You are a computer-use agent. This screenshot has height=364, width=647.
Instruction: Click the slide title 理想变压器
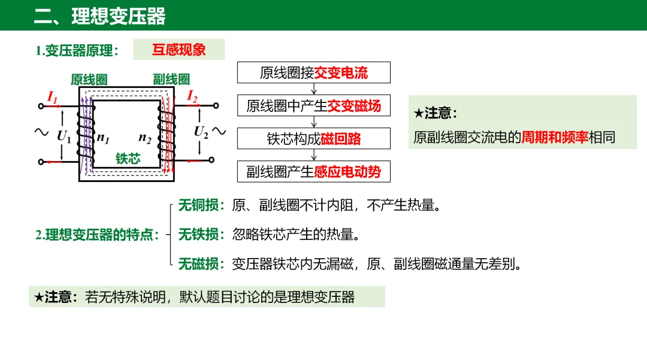click(118, 16)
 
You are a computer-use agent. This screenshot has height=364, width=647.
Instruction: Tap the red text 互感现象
click(179, 50)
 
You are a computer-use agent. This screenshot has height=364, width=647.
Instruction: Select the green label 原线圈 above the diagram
click(89, 79)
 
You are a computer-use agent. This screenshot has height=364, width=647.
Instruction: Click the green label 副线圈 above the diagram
click(171, 79)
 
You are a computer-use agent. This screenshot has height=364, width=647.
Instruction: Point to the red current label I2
click(192, 95)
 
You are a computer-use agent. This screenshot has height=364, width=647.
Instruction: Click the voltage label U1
click(64, 136)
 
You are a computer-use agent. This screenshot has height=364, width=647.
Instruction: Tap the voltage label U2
click(201, 132)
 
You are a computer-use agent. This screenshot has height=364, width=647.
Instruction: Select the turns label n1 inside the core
click(104, 137)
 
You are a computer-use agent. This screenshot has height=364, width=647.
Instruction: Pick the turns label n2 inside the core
click(145, 137)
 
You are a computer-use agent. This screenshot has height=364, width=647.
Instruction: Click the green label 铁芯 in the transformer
click(128, 159)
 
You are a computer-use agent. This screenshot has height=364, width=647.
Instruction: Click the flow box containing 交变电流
click(314, 73)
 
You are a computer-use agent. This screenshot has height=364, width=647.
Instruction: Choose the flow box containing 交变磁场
click(314, 106)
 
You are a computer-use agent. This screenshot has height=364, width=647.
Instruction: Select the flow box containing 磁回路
click(314, 139)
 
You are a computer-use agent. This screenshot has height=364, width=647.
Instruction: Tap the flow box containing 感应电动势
click(314, 172)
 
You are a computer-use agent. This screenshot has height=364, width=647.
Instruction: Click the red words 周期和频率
click(555, 138)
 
